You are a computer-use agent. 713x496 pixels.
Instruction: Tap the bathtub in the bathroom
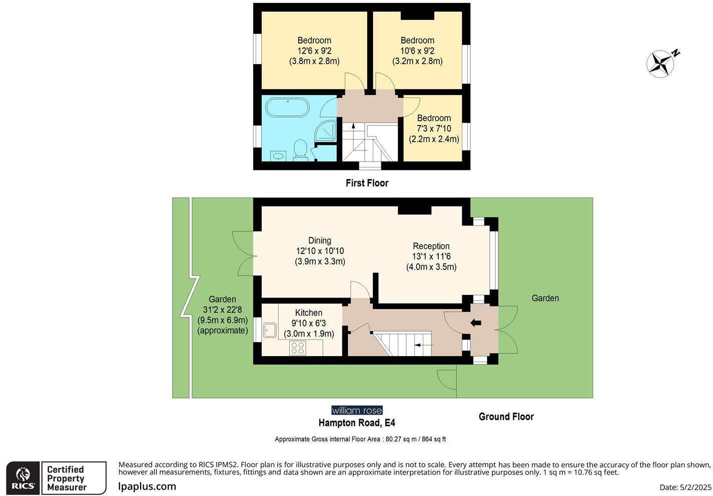[287, 107]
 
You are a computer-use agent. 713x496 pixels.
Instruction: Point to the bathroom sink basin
[278, 156]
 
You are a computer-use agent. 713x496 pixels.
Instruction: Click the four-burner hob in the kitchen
[298, 347]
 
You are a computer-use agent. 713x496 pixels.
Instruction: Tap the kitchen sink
[270, 330]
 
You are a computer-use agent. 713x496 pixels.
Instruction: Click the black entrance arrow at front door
[475, 323]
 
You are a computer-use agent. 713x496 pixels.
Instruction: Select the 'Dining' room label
[320, 240]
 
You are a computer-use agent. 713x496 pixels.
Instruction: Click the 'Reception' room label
[431, 246]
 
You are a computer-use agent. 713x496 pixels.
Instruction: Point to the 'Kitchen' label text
[309, 312]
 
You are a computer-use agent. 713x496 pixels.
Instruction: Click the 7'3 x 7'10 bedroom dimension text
[434, 128]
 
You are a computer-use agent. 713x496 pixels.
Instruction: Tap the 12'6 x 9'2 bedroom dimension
[314, 51]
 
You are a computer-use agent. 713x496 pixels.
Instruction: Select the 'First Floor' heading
[367, 183]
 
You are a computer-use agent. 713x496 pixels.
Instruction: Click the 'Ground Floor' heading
[506, 416]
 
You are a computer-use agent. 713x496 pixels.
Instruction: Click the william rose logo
[357, 410]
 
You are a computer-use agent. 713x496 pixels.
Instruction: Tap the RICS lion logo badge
[23, 478]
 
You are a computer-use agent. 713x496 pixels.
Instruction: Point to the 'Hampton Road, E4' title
[357, 423]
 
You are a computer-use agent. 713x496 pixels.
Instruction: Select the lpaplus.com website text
[147, 486]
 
